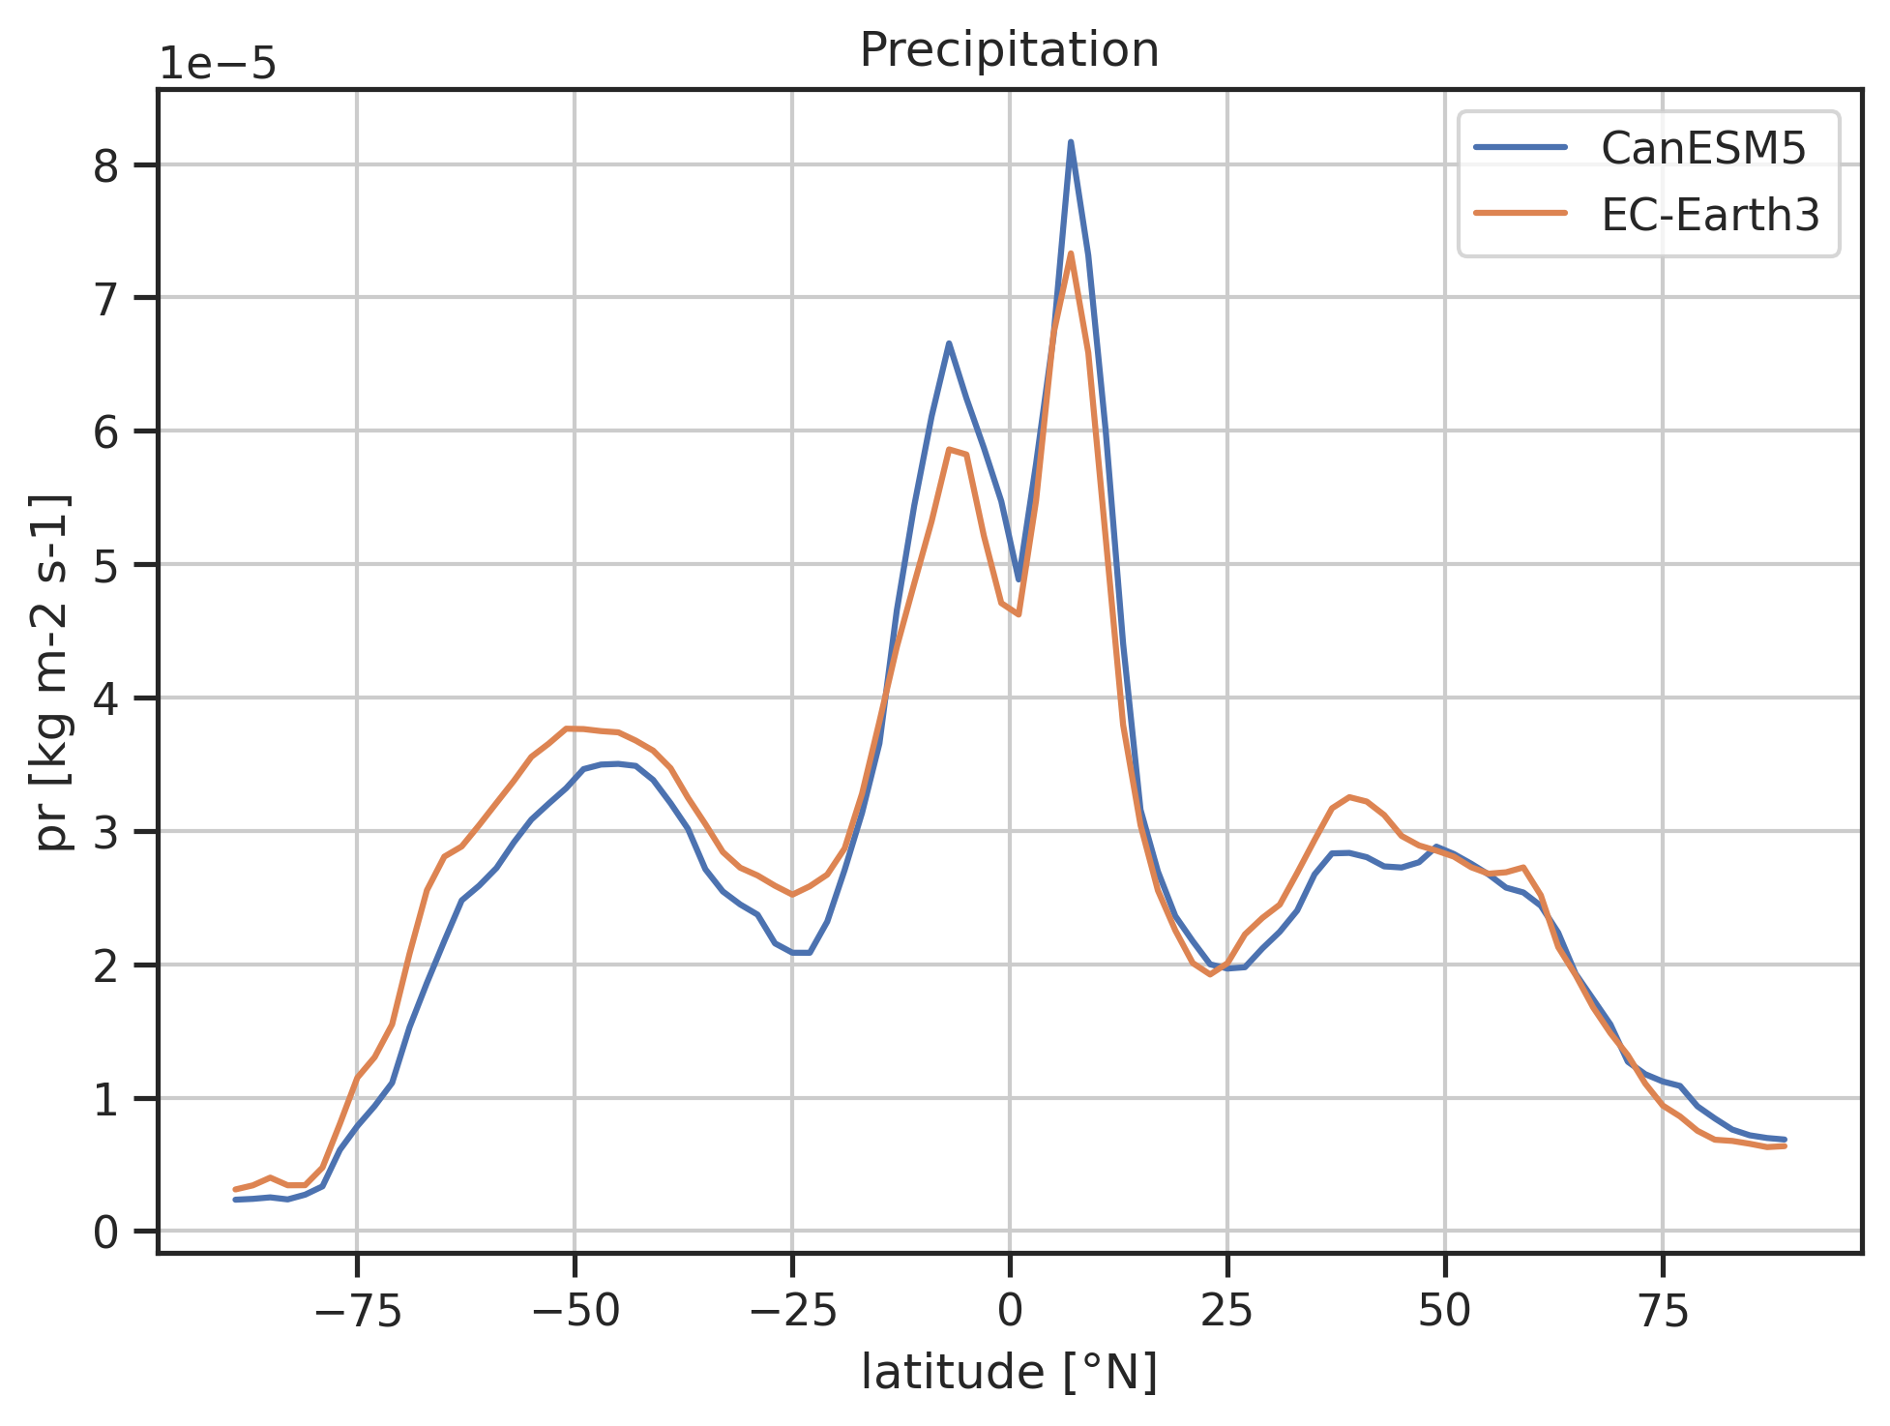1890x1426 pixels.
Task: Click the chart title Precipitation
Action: tap(1009, 50)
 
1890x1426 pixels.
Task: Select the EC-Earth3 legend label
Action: tap(1710, 215)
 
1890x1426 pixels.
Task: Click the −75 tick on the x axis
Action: tap(357, 1311)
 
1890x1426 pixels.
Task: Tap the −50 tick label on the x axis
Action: tap(575, 1311)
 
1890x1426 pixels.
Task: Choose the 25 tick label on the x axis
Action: tap(1227, 1311)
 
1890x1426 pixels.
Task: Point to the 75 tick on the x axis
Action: tap(1663, 1311)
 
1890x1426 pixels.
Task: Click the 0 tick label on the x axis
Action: tap(1010, 1311)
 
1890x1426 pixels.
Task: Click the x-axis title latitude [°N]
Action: tap(1009, 1374)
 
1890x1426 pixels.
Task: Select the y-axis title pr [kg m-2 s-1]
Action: tap(52, 671)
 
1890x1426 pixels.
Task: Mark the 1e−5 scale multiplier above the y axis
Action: tap(218, 65)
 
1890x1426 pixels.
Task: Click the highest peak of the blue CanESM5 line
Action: tap(1071, 142)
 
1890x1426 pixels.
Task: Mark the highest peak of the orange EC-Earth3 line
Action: tap(1071, 253)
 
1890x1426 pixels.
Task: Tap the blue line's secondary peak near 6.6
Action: tap(949, 342)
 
